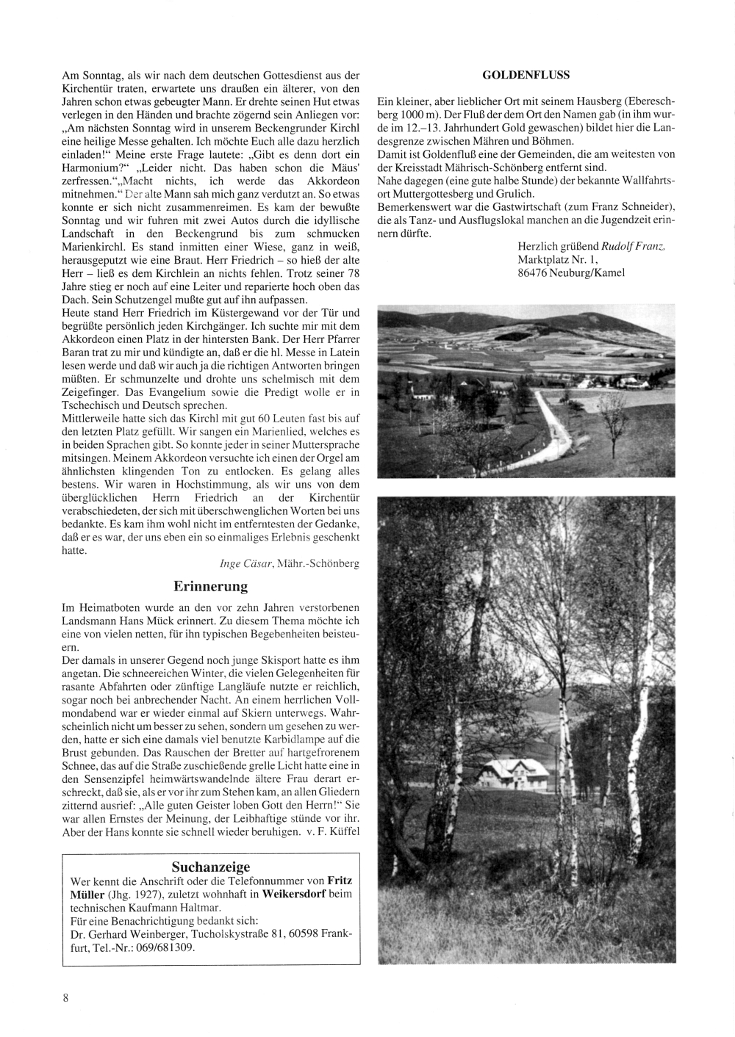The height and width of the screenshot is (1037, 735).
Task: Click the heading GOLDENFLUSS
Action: [526, 74]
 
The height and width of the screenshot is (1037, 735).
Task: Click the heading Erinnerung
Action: [210, 586]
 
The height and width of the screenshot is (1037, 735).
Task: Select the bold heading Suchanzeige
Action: [210, 867]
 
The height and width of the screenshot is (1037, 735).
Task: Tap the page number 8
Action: [65, 997]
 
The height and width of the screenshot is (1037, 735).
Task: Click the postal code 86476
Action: [534, 272]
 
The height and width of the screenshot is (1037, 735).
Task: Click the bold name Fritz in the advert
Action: [340, 880]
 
